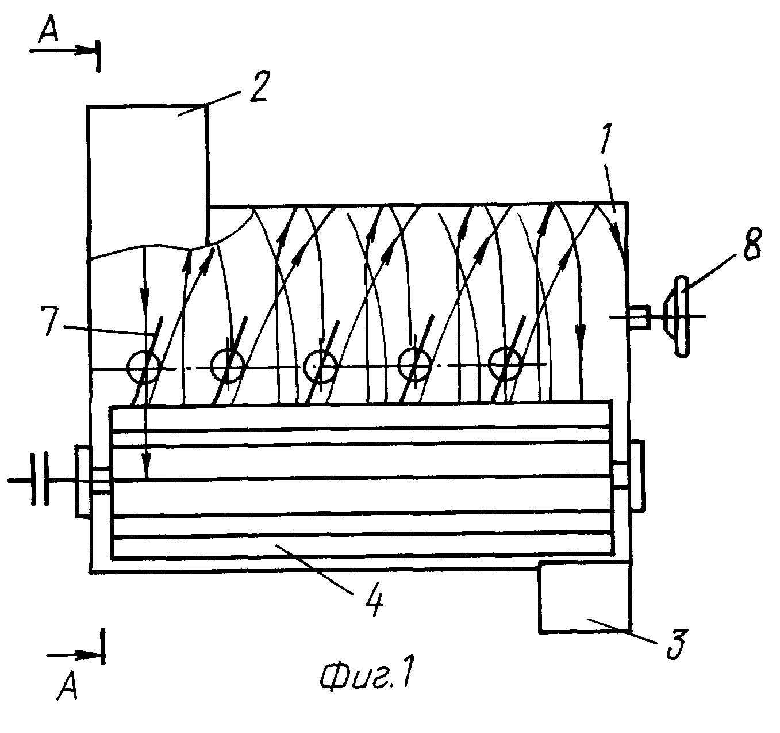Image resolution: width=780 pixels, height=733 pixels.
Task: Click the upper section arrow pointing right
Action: (62, 51)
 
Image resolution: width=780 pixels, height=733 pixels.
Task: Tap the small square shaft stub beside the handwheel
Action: (639, 316)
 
